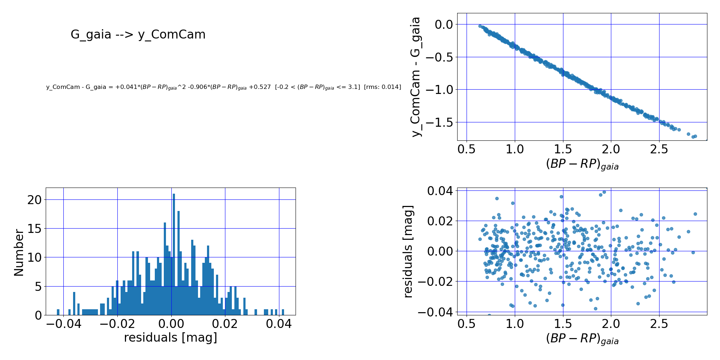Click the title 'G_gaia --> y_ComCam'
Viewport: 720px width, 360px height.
pos(138,35)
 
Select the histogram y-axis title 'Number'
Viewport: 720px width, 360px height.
pos(19,253)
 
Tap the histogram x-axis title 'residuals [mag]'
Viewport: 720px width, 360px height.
pos(171,338)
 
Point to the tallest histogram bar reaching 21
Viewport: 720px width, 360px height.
pos(174,252)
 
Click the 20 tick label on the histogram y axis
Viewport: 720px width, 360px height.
pos(35,200)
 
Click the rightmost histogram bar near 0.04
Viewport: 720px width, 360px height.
pos(283,312)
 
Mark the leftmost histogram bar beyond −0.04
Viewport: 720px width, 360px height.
pos(58,312)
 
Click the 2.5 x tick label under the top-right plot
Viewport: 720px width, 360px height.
pos(659,149)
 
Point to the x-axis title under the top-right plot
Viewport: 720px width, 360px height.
pos(582,165)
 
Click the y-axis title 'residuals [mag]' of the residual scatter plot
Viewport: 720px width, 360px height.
pos(408,251)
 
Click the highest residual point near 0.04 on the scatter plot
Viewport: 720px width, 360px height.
pos(604,192)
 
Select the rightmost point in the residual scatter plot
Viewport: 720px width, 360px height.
pos(695,214)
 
